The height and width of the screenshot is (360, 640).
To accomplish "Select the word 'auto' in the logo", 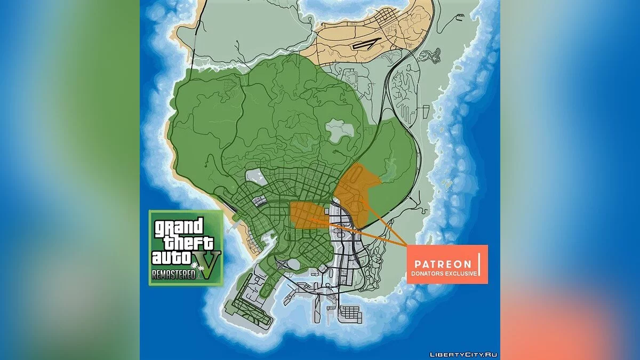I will [x=171, y=258].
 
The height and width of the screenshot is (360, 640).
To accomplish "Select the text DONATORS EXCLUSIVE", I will [x=443, y=274].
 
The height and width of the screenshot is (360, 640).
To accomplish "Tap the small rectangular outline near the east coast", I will [x=427, y=112].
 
